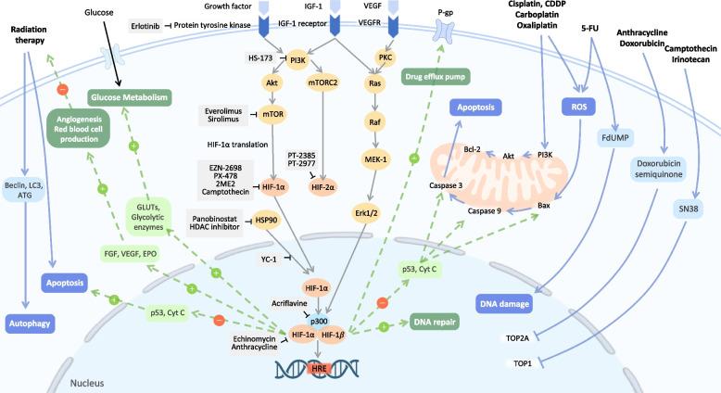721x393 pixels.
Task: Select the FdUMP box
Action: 613,138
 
